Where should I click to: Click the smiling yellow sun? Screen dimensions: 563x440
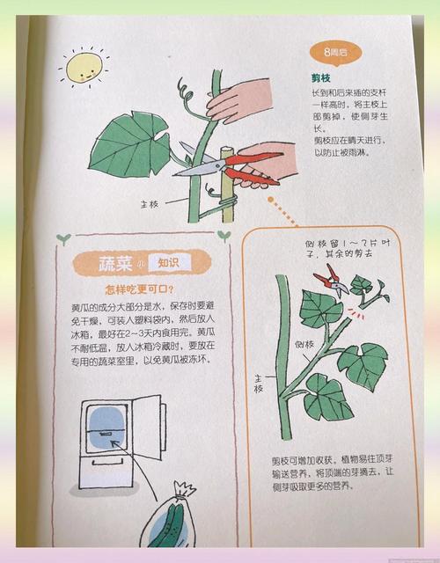click(80, 67)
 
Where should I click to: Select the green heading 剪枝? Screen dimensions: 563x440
click(321, 78)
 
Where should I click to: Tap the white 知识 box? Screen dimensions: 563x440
click(168, 262)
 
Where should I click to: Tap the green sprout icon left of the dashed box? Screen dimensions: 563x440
click(62, 238)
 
